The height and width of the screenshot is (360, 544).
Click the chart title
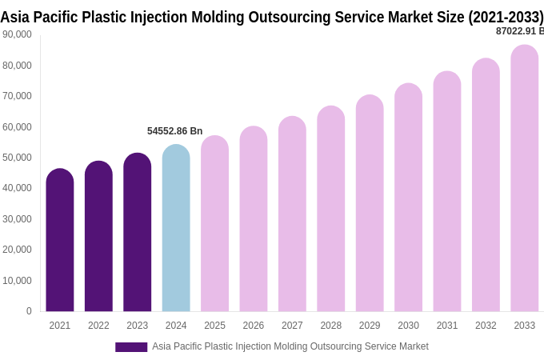click(x=272, y=17)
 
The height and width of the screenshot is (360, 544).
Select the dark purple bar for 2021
click(x=60, y=240)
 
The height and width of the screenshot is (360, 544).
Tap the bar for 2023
click(x=137, y=232)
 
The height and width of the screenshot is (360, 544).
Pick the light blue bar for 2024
click(x=176, y=228)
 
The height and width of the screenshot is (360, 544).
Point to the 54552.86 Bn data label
click(x=174, y=131)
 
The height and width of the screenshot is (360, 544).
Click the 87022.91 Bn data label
click(x=519, y=31)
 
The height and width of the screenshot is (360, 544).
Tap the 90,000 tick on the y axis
click(x=18, y=34)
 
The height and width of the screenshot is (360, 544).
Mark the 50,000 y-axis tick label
click(x=18, y=158)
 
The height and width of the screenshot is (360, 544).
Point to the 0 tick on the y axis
click(x=29, y=311)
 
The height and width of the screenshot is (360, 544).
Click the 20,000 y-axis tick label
click(x=18, y=250)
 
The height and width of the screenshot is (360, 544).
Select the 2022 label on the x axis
click(x=98, y=326)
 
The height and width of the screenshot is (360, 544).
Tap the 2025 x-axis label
click(x=214, y=326)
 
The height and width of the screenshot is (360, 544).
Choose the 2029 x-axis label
click(x=370, y=326)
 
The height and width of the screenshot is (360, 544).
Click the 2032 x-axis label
click(x=486, y=326)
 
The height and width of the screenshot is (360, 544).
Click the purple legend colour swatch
click(x=131, y=347)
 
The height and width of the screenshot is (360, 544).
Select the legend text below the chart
click(x=290, y=346)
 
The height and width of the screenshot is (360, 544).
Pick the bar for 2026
click(x=254, y=219)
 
